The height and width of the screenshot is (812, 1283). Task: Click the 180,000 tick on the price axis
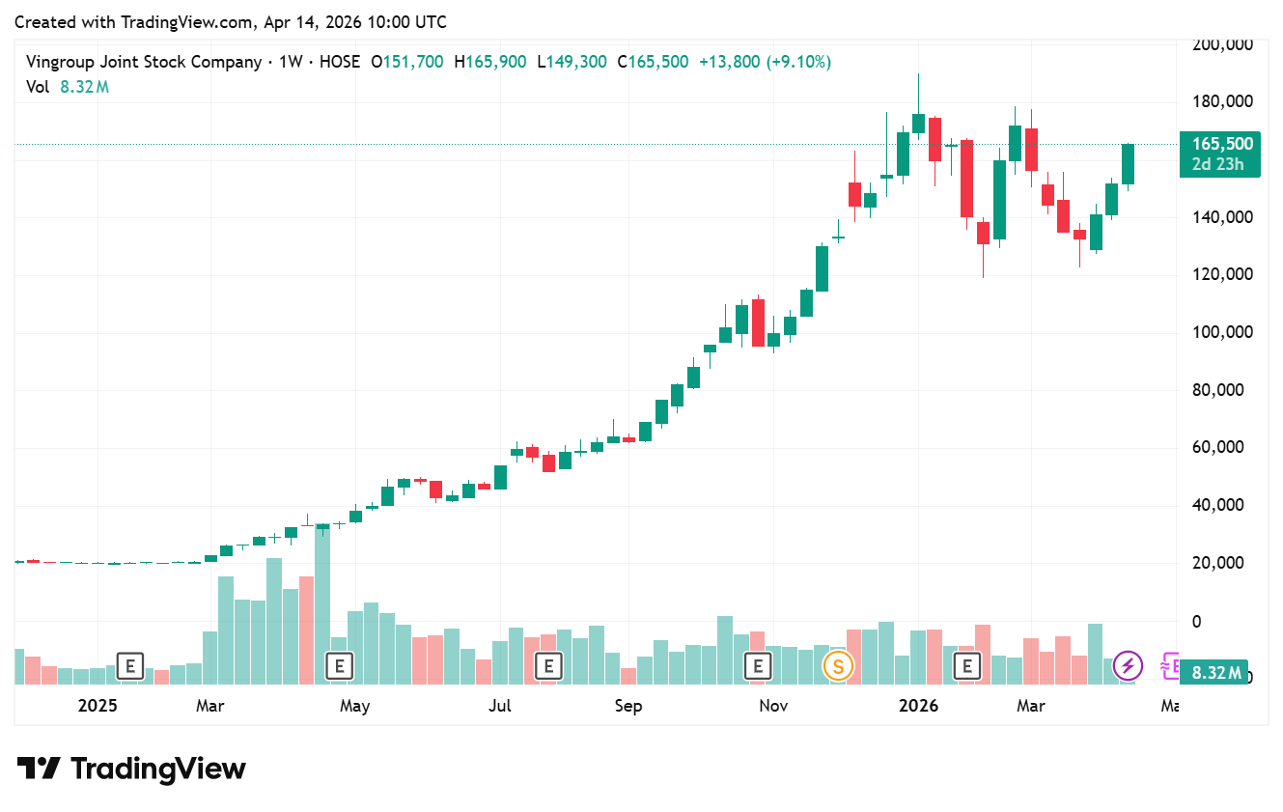coord(1222,102)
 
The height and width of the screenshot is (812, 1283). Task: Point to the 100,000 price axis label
coord(1222,333)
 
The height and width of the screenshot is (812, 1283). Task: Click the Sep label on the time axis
coord(628,706)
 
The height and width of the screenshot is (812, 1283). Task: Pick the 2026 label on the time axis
coord(918,706)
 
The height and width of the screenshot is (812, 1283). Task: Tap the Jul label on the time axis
coord(499,706)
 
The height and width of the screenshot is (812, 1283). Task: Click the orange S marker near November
coord(838,665)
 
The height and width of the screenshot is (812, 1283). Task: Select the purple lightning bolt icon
coord(1128,665)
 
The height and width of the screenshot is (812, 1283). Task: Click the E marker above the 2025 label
coord(129,665)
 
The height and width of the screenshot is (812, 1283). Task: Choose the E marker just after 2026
coord(966,665)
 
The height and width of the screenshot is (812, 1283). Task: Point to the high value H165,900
coord(496,62)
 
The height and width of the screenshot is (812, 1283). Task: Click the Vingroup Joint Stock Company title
coord(144,62)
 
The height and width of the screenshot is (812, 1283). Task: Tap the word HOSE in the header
coord(339,62)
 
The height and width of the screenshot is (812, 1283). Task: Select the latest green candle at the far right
coord(1128,163)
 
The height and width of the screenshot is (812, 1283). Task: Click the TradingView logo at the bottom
coord(132,769)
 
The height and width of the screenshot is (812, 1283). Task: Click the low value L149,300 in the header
coord(577,62)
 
